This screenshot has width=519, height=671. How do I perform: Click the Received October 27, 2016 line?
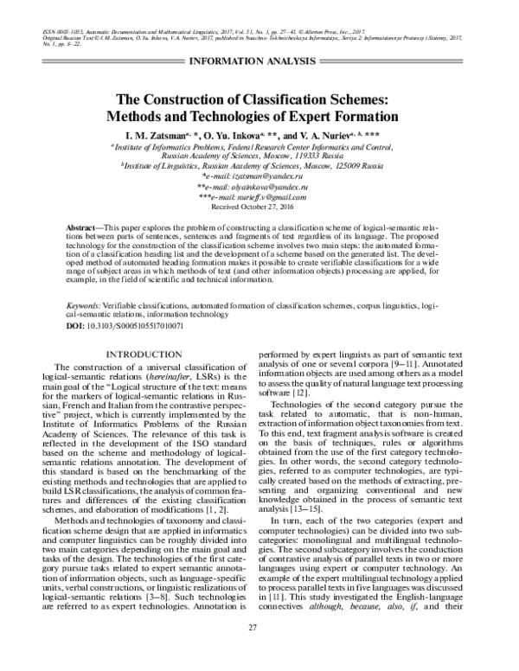[x=259, y=208]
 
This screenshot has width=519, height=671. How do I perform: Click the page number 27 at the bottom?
[x=259, y=650]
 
